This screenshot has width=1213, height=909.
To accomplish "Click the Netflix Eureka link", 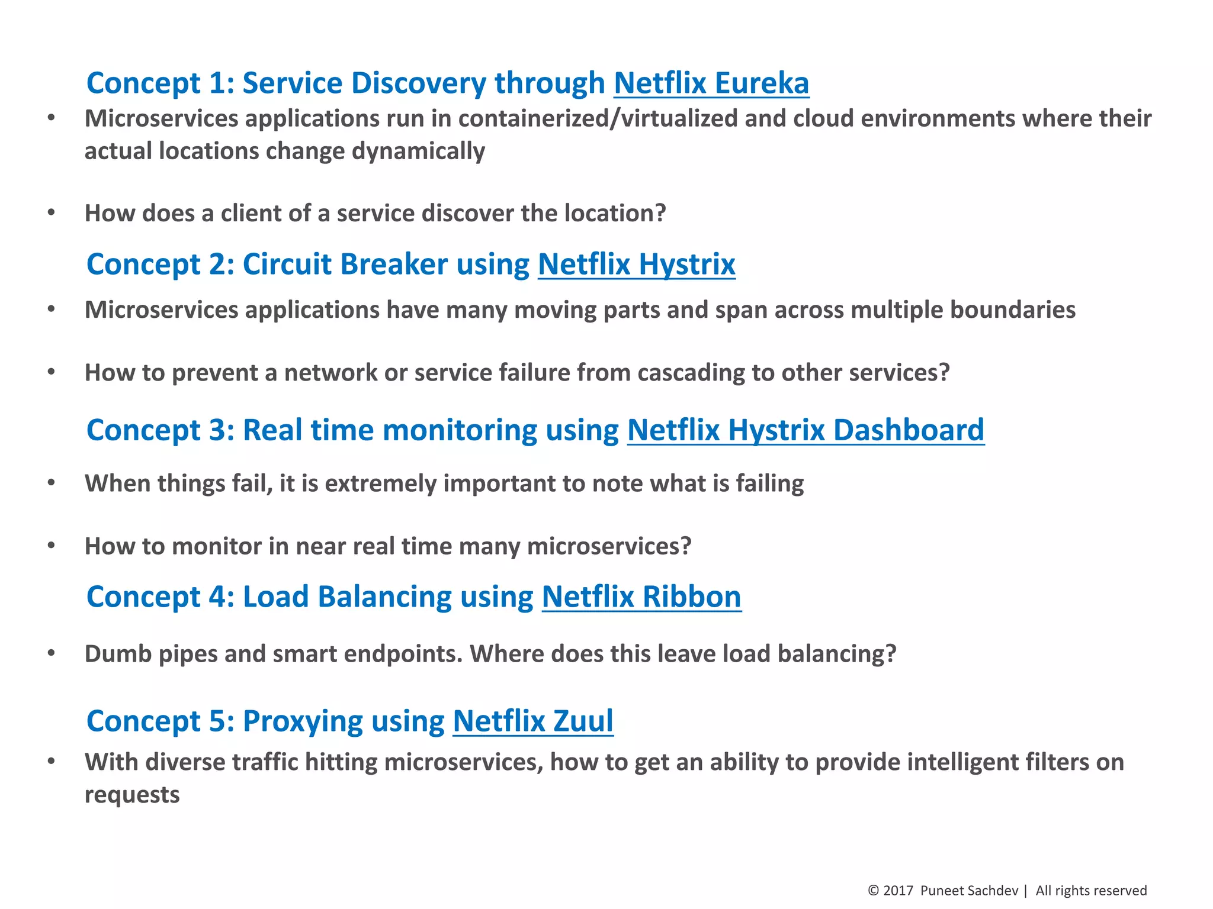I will click(711, 83).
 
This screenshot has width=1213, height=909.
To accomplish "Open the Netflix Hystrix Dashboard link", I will click(806, 430).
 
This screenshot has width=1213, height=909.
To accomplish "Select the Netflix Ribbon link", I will click(641, 597).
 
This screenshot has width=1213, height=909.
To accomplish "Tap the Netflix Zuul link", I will click(533, 721).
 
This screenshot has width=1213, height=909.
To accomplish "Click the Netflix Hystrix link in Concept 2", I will click(637, 264).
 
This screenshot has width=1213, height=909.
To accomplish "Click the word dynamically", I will click(418, 151).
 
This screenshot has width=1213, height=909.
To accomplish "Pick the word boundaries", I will click(1013, 310).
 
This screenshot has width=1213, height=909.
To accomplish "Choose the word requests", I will click(132, 795).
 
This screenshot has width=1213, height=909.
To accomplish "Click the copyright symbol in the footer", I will click(873, 891).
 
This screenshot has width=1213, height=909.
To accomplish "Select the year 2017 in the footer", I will click(898, 891).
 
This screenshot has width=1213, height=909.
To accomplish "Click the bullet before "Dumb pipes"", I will click(52, 653).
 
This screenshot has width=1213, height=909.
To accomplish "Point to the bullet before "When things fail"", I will click(52, 483).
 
